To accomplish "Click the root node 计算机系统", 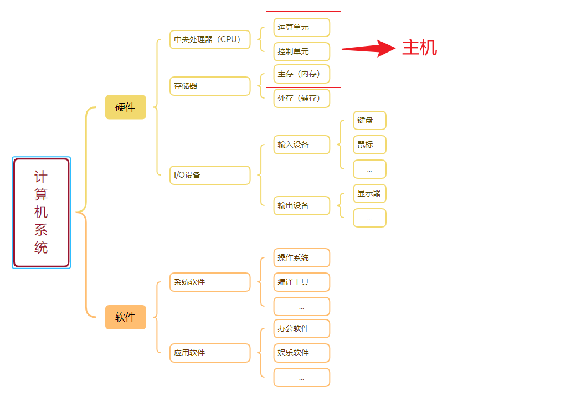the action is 42,213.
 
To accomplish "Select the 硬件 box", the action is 125,107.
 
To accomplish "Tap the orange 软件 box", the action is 125,317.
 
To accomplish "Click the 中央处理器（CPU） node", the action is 210,39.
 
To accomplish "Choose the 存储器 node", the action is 210,86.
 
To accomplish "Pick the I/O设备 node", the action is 210,175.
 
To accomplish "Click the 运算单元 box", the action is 301,27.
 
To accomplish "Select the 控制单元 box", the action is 301,51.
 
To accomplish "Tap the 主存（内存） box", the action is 301,74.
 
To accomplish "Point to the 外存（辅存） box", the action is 301,98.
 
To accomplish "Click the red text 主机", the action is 419,48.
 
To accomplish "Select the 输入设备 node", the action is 301,145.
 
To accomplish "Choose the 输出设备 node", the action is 301,205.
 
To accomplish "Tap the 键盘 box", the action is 369,120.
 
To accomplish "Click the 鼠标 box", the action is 369,145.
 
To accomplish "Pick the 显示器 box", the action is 369,193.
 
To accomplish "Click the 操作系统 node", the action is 301,257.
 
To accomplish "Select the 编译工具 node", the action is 301,282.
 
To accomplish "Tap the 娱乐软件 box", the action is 301,353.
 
